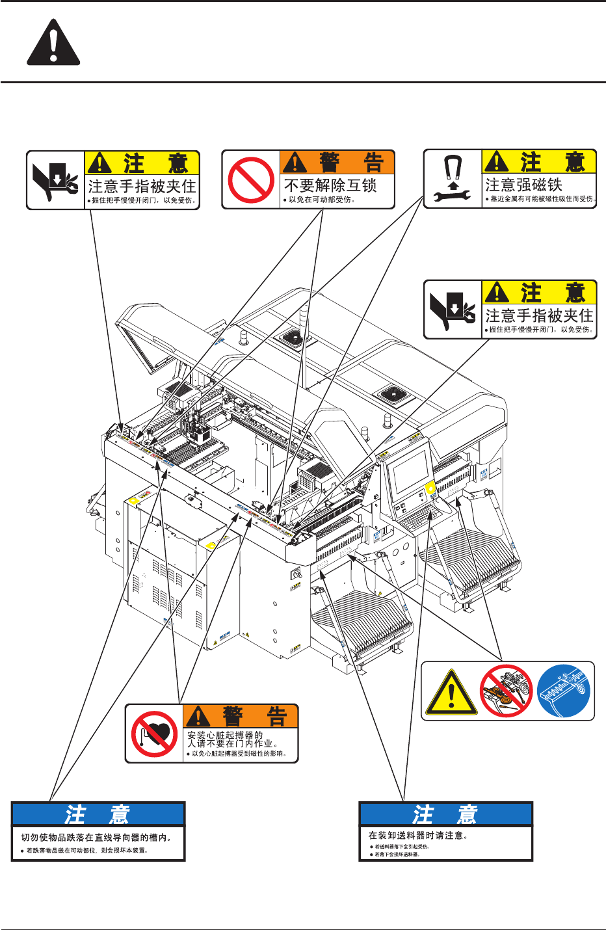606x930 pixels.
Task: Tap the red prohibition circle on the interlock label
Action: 252,180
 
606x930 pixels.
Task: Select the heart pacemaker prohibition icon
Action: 154,733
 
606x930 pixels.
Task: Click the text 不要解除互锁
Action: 330,186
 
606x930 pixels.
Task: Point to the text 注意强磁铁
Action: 523,185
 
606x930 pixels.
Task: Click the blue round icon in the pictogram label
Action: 564,691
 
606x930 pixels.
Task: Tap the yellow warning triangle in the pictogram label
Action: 451,693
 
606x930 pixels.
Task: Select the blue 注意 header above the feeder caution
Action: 446,814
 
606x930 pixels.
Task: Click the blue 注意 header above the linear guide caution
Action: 98,814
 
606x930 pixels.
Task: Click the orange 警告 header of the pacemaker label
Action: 240,716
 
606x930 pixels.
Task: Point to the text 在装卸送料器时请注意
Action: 418,836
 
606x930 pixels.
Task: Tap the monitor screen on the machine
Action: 411,471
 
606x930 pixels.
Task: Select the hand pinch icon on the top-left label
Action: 56,180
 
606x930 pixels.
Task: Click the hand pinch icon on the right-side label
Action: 453,310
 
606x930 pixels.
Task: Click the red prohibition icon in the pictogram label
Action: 507,691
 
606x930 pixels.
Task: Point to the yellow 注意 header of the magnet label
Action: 539,162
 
